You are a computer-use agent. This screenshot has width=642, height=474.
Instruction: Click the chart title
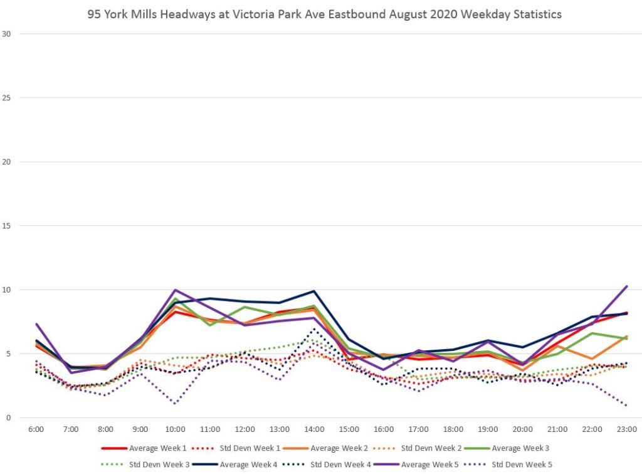point(324,14)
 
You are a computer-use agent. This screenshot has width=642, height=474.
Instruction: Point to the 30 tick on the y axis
point(7,34)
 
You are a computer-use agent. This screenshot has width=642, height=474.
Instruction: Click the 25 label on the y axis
point(7,98)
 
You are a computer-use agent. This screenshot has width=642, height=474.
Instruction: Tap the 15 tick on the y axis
point(7,226)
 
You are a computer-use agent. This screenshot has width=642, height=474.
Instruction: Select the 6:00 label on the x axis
point(36,429)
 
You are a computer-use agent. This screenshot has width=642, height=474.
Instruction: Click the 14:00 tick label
point(314,429)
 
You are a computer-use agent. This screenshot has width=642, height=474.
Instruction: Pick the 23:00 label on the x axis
point(627,429)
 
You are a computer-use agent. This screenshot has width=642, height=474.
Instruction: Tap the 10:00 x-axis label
point(175,429)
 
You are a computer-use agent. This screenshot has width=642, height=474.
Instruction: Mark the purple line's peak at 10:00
point(175,290)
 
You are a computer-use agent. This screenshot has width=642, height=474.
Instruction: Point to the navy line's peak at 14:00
point(314,291)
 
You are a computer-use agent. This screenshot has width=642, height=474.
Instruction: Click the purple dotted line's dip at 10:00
point(175,404)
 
